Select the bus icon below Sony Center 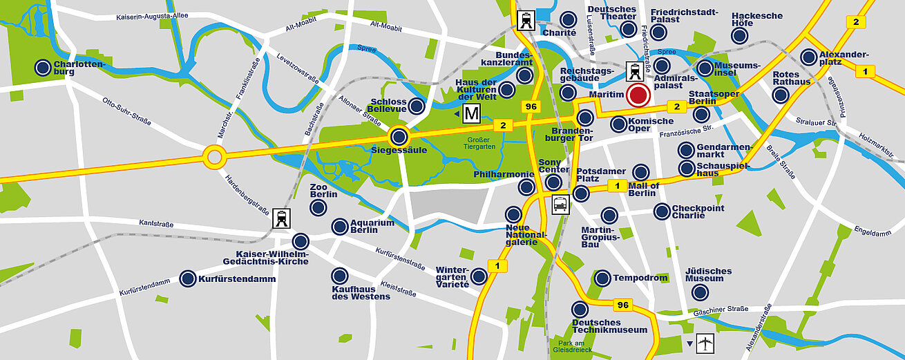[560, 205]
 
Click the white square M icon [472, 113]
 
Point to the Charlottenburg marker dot [43, 67]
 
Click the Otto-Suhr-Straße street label [126, 112]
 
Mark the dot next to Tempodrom [602, 278]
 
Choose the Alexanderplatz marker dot [808, 57]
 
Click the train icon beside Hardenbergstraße [282, 218]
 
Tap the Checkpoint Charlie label [698, 211]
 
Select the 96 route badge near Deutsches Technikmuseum [622, 305]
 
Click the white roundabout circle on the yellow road [214, 157]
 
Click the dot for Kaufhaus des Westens [339, 276]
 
